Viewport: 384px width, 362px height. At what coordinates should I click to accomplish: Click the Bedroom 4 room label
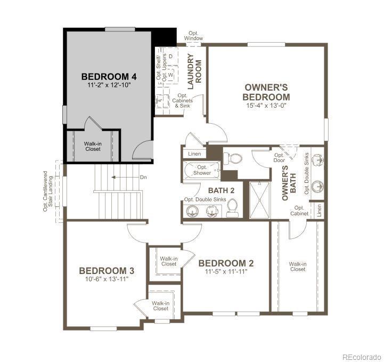109,76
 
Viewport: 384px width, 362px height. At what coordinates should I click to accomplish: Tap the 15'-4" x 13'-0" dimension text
266,106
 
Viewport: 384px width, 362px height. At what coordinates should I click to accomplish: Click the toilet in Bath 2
232,208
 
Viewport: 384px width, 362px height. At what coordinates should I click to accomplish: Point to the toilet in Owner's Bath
233,159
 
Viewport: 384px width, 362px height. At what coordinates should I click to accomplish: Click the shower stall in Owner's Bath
259,200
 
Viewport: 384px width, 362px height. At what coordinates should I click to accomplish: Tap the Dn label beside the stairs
143,177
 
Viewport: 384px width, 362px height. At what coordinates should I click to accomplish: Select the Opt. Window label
193,36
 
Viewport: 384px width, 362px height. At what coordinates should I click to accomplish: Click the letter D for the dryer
170,56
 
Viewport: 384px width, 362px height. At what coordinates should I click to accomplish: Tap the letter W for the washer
170,74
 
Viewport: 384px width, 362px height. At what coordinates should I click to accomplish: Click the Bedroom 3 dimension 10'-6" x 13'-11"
107,279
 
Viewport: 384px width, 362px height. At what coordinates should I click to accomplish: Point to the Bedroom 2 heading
226,263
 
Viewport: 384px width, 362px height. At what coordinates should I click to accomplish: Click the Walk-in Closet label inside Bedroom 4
93,146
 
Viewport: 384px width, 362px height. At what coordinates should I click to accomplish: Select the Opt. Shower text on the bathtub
202,170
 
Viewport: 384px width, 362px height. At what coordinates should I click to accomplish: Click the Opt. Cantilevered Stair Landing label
48,191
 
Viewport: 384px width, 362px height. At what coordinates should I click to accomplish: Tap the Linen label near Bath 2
194,154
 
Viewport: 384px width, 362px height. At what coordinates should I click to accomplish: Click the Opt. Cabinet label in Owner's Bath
299,211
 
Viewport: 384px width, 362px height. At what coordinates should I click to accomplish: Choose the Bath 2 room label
222,190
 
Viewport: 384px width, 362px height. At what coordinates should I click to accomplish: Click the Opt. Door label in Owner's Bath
279,158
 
